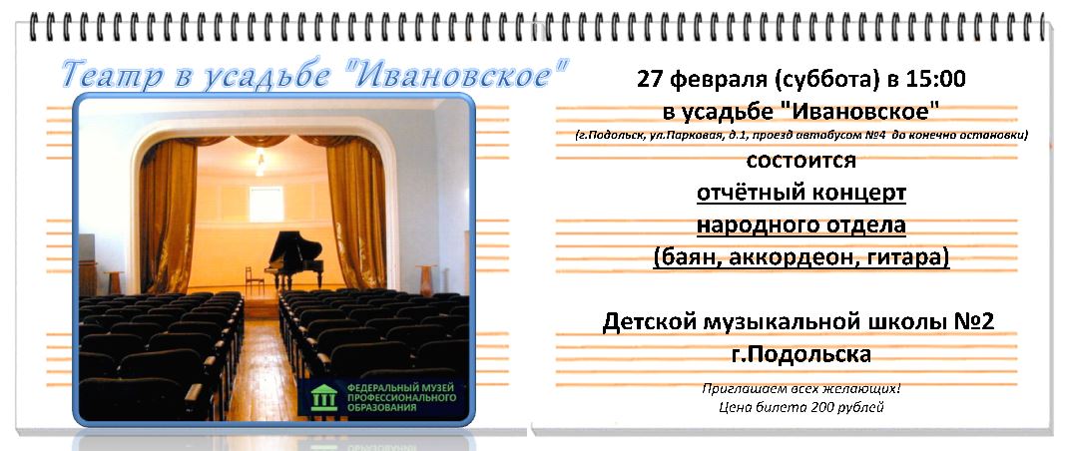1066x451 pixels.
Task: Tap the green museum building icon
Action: (323, 397)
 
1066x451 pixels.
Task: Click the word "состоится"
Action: (800, 161)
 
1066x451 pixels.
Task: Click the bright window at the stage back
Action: (266, 204)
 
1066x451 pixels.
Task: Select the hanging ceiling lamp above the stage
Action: (260, 164)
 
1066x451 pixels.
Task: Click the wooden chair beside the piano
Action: (254, 279)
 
